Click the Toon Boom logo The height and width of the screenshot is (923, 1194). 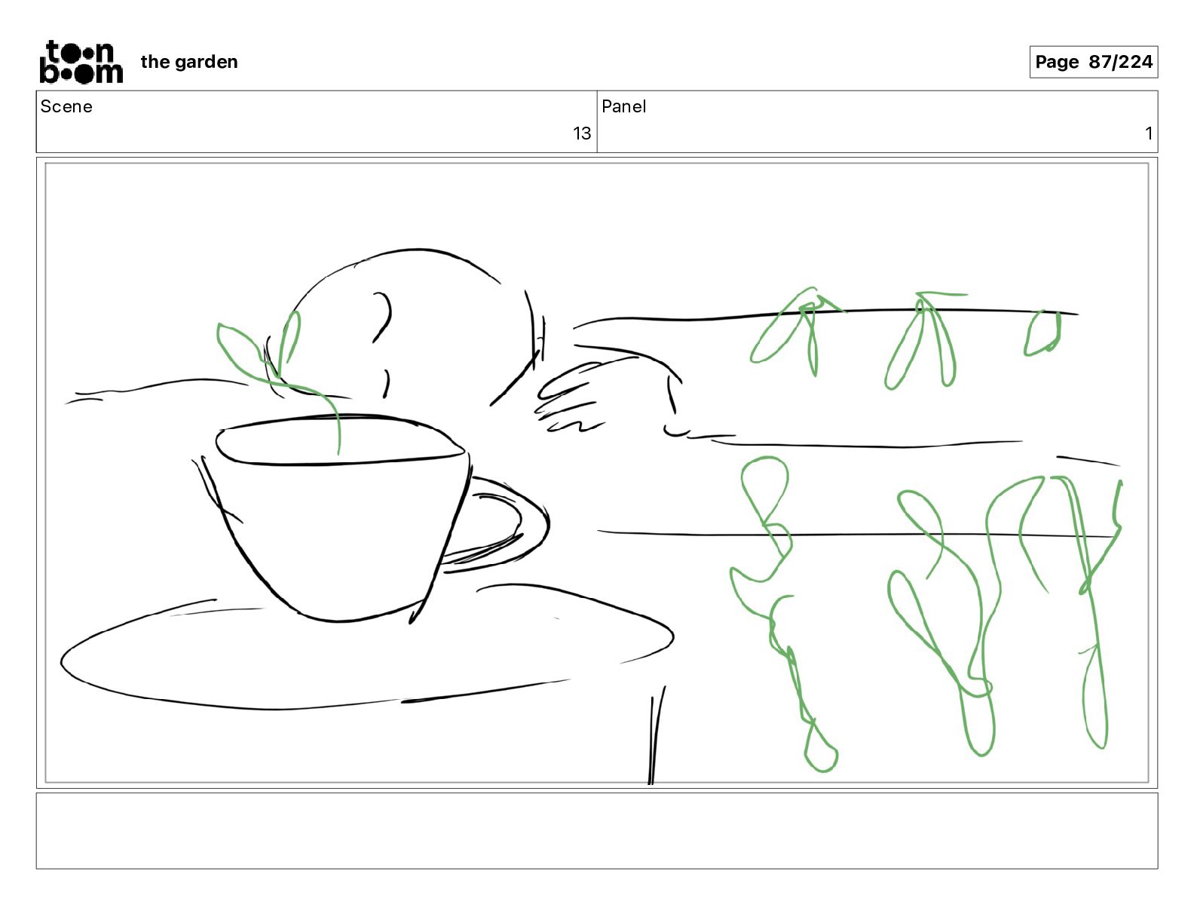coord(81,62)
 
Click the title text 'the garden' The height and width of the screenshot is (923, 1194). coord(189,62)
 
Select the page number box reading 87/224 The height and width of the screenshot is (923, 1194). coord(1094,62)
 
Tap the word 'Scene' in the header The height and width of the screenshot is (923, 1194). coord(66,106)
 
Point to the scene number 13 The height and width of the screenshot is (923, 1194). coord(582,133)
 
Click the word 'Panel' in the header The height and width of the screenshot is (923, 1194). coord(623,106)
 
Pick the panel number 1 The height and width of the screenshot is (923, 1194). coord(1148,133)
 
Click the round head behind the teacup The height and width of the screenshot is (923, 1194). coord(406,259)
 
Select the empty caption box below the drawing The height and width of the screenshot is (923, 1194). coord(597,831)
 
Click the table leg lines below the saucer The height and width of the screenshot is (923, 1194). coord(656,734)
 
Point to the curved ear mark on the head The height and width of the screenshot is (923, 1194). coord(383,317)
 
